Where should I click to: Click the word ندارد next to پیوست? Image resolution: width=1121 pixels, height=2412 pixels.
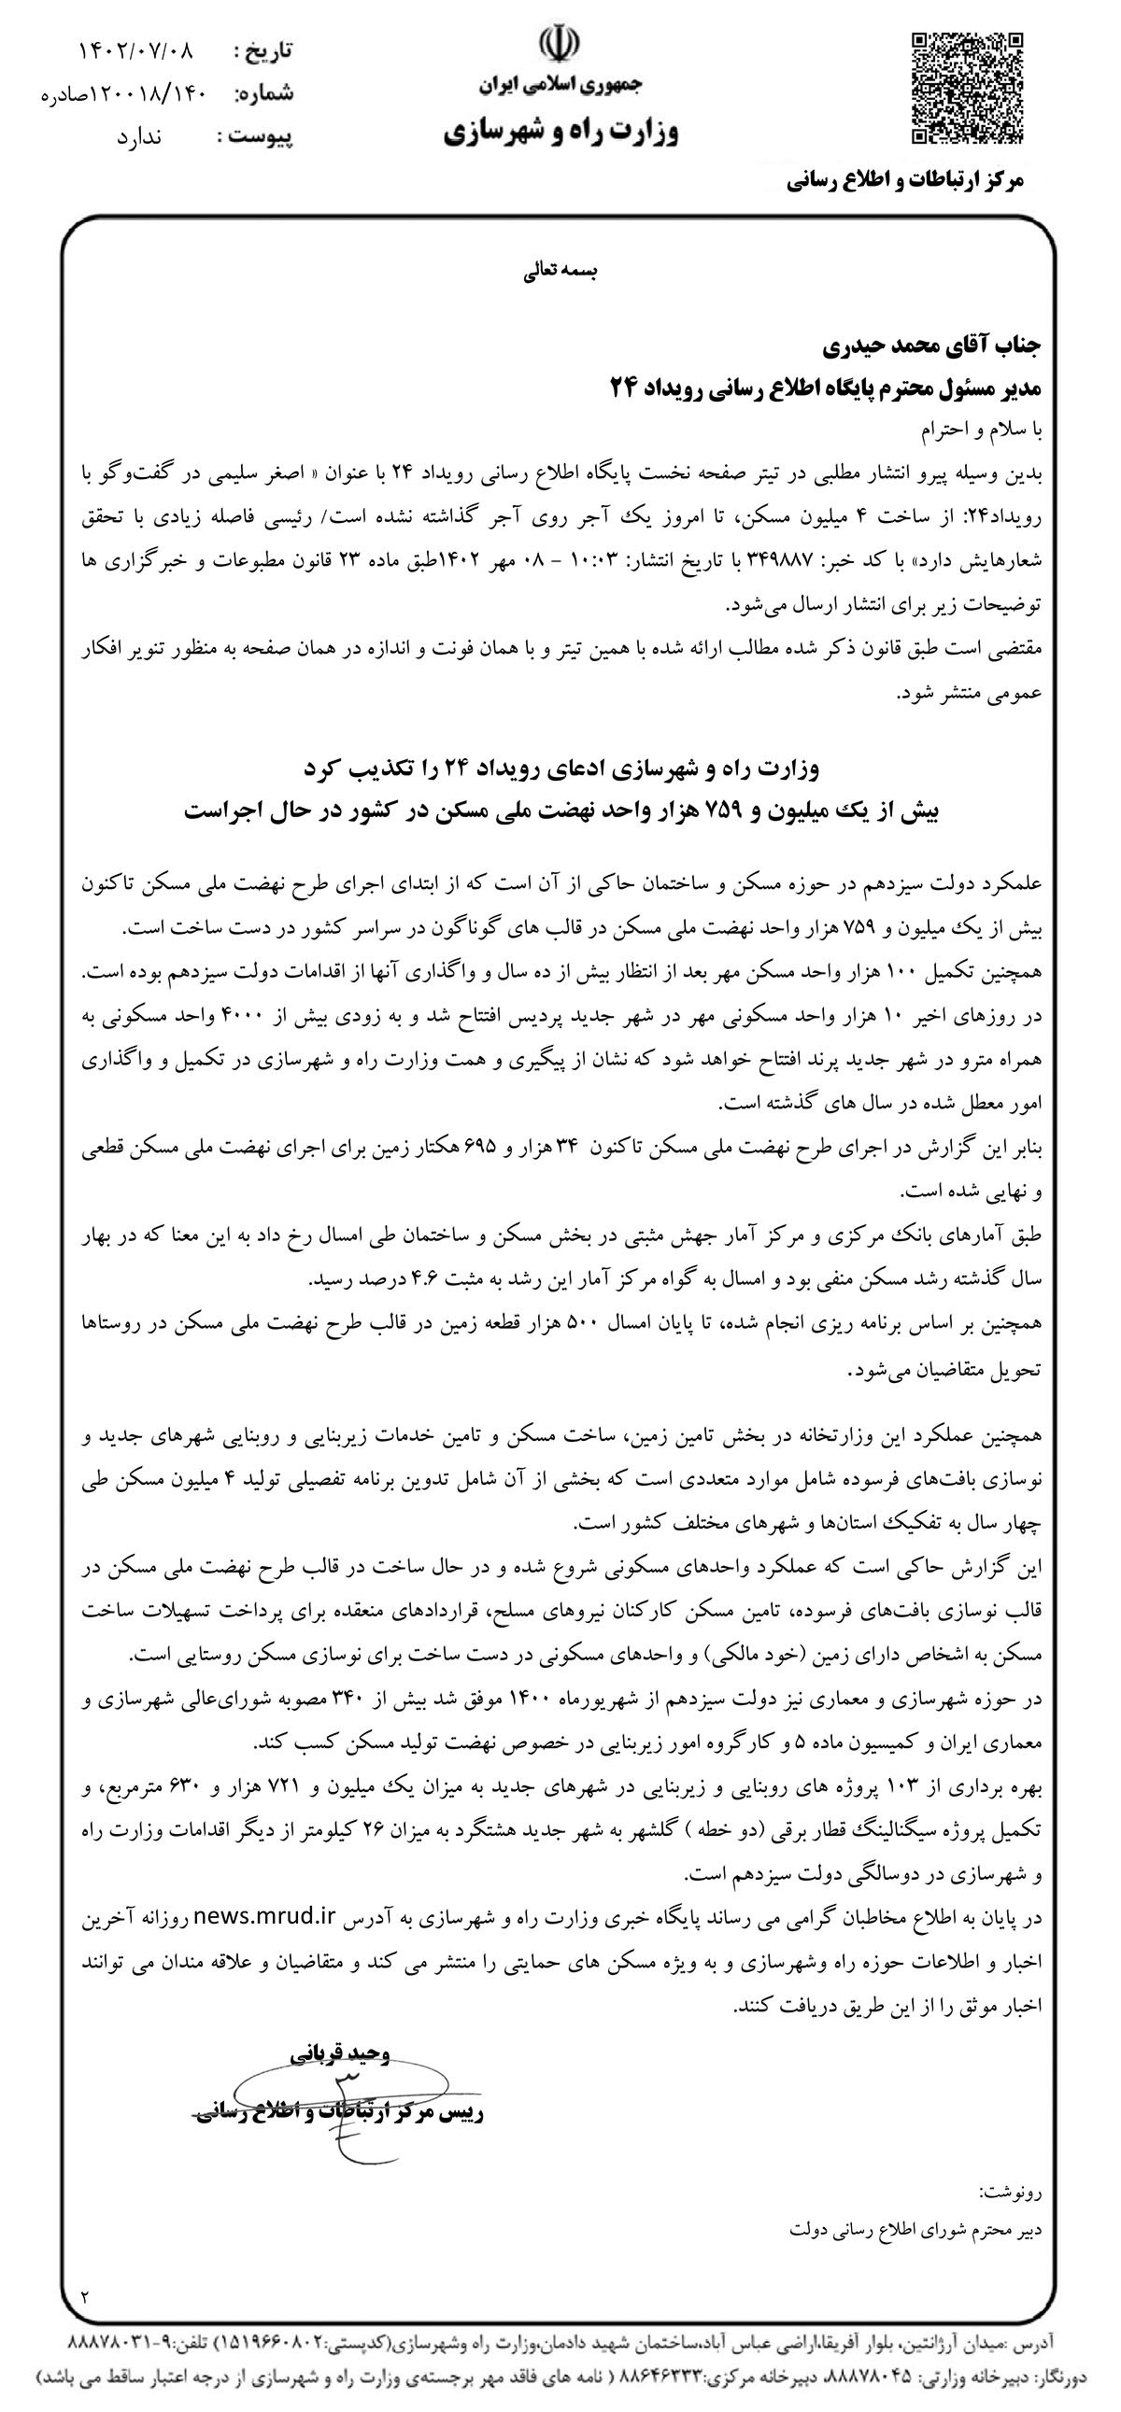coord(139,137)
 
